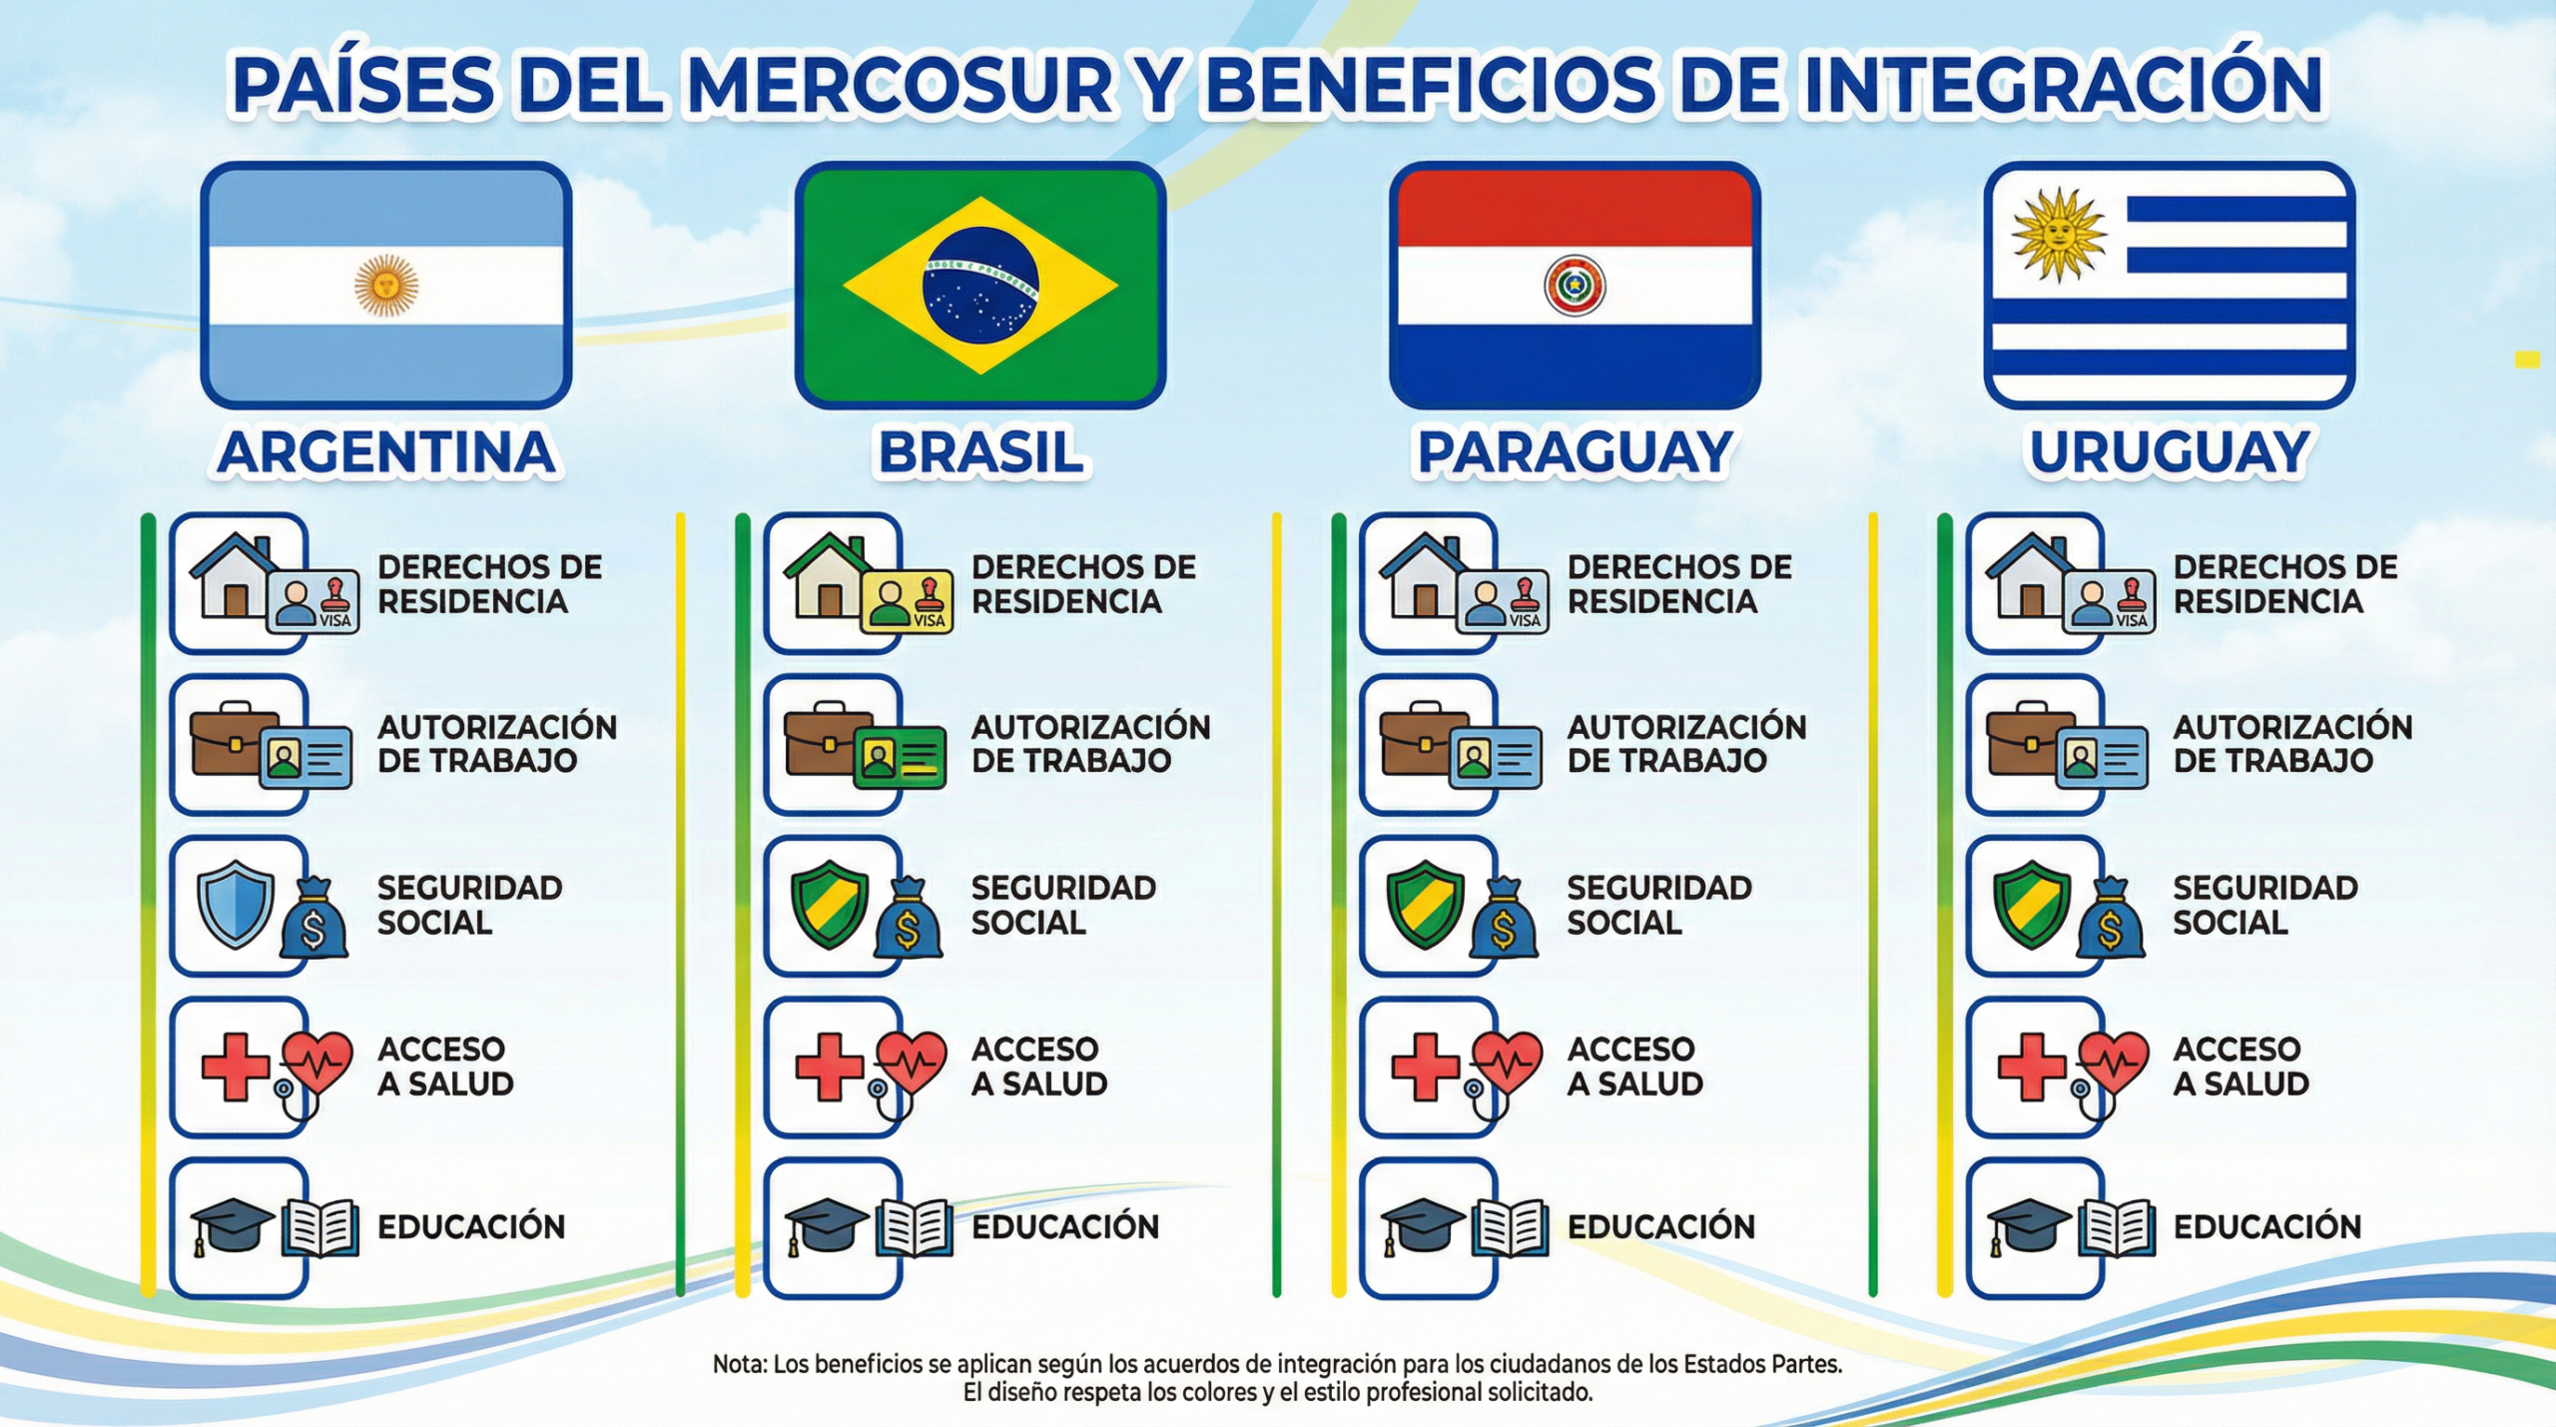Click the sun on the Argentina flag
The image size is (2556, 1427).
386,286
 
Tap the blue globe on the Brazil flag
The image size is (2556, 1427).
979,285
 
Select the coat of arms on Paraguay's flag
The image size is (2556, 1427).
1575,286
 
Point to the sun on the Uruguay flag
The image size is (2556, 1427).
2059,235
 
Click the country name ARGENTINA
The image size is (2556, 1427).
386,452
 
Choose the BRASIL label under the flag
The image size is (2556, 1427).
980,452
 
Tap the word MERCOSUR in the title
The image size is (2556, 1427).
902,85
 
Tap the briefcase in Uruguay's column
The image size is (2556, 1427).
2030,740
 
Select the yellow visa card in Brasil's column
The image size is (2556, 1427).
908,603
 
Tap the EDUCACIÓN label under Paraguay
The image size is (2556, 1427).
1661,1226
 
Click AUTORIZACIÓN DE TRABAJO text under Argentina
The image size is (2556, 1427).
497,744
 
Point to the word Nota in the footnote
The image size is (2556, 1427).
739,1364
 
